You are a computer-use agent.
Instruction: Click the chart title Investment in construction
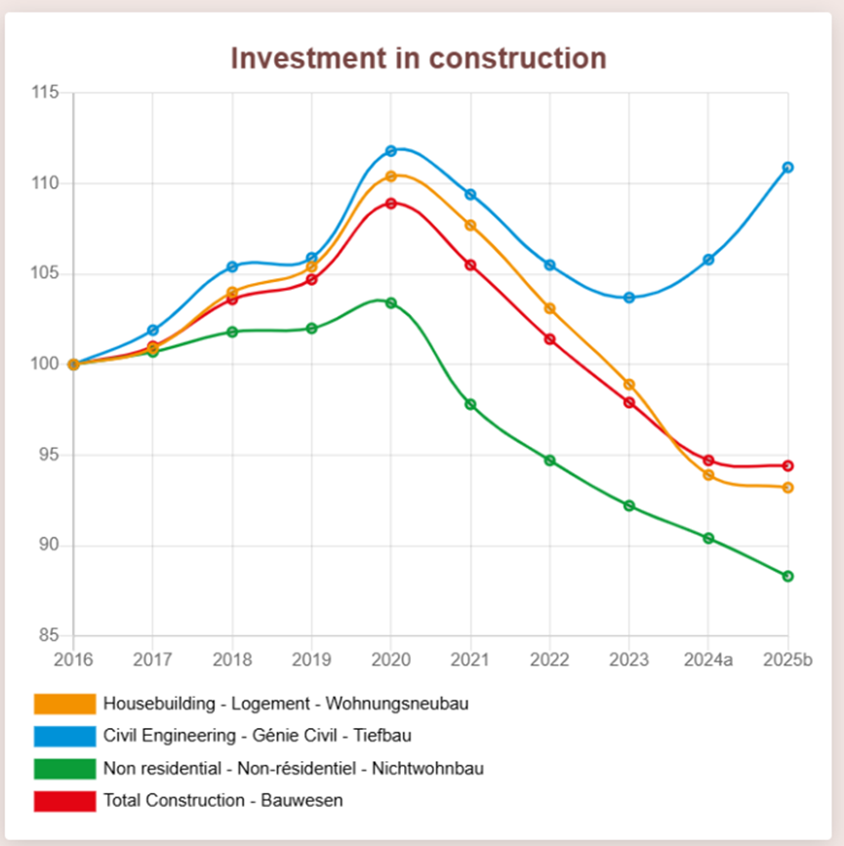click(x=419, y=59)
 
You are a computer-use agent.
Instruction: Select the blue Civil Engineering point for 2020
click(x=391, y=151)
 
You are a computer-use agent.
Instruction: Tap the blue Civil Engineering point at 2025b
click(x=787, y=167)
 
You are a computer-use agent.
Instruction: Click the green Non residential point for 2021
click(x=470, y=404)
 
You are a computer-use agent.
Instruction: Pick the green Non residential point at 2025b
click(x=787, y=576)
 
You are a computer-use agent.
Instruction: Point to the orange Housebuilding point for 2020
click(x=391, y=177)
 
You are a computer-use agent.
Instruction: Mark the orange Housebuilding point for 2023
click(x=629, y=384)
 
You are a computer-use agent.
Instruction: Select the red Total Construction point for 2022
click(x=550, y=339)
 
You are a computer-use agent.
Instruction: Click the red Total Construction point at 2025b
click(x=787, y=465)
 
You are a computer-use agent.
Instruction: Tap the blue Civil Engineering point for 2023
click(x=629, y=298)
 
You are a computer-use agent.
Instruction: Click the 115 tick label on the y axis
click(x=45, y=93)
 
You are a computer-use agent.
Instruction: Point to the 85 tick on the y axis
click(x=50, y=636)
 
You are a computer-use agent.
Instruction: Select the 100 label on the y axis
click(x=45, y=365)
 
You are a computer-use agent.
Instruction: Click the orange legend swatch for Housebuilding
click(x=64, y=704)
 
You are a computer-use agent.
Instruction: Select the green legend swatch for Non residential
click(x=64, y=768)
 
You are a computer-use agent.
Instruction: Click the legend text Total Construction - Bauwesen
click(x=222, y=801)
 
